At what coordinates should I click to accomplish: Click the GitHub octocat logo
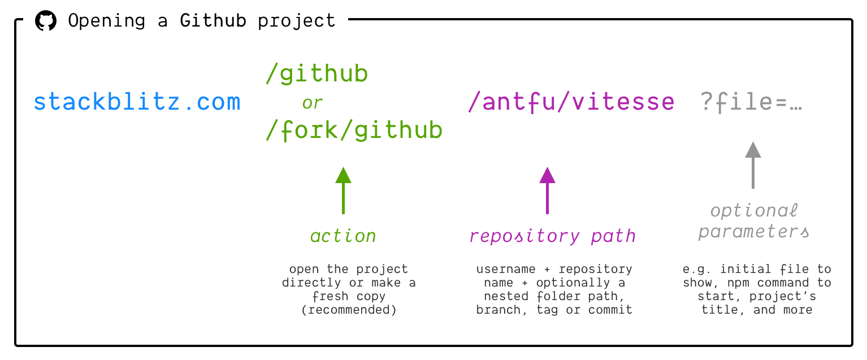(x=46, y=21)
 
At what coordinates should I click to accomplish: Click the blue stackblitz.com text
(x=137, y=102)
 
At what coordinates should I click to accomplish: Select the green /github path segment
(x=317, y=74)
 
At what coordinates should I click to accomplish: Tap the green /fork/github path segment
(x=354, y=131)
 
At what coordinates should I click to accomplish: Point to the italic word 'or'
(x=312, y=103)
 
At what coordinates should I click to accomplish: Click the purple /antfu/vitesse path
(x=571, y=102)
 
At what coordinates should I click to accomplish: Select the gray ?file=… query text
(x=752, y=102)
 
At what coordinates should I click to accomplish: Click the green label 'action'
(x=343, y=236)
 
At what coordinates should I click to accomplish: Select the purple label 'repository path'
(x=553, y=236)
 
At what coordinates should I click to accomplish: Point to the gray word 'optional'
(x=754, y=211)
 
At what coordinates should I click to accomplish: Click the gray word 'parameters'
(x=754, y=232)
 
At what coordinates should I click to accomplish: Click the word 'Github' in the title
(x=213, y=21)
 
